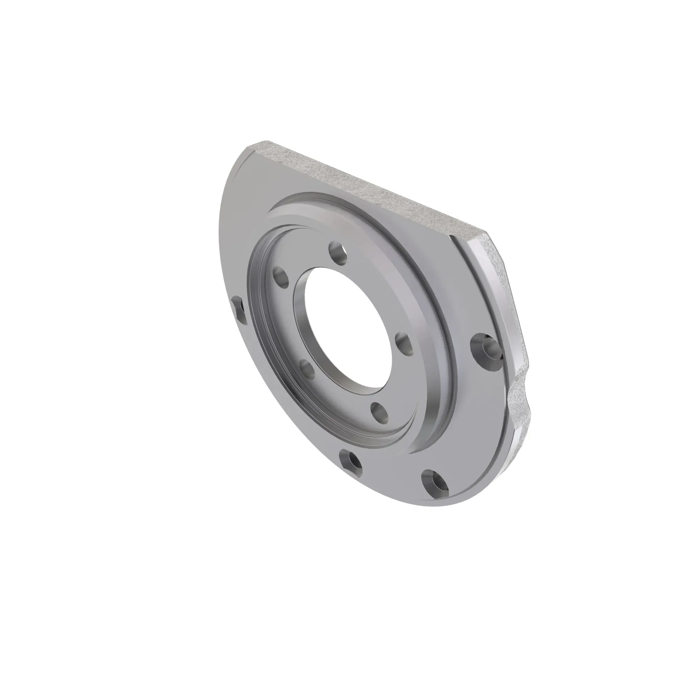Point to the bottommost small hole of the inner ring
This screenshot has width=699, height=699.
tap(379, 412)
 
